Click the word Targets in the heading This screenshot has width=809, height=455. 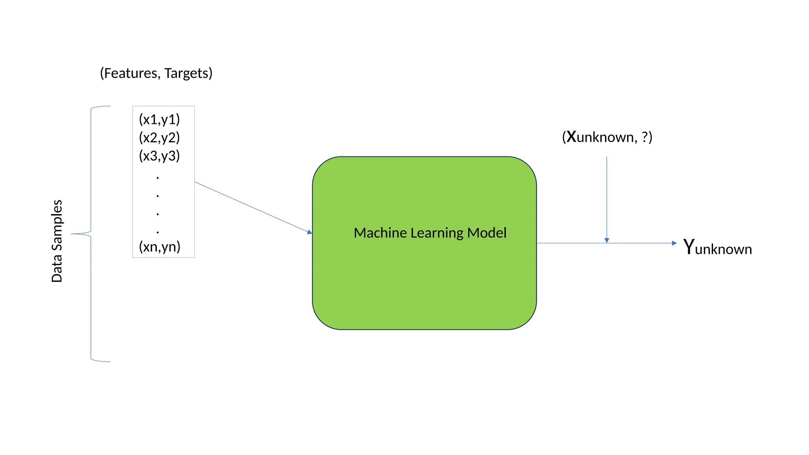[x=186, y=73]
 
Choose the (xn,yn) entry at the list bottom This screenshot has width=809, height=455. [x=160, y=247]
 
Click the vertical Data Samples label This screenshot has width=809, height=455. [x=57, y=241]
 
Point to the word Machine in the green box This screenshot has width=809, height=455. [x=380, y=233]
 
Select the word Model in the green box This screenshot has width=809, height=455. [x=487, y=233]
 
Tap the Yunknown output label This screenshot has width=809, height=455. [x=717, y=248]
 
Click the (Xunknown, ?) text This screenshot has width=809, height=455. [x=607, y=137]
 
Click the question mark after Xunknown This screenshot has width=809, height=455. [x=645, y=137]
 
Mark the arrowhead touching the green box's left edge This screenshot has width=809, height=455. [x=310, y=232]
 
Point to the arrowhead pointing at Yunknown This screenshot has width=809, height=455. [x=674, y=243]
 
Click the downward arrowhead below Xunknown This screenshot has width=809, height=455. [x=607, y=241]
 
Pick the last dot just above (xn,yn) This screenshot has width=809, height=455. [x=158, y=232]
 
